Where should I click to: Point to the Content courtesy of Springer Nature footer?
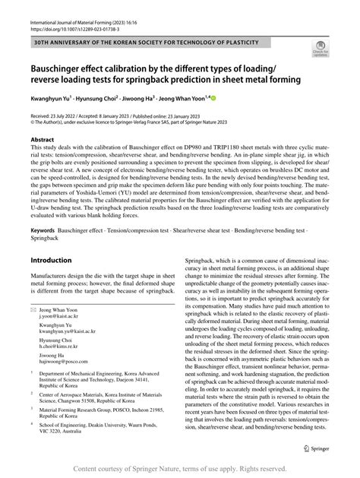[180, 468]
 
